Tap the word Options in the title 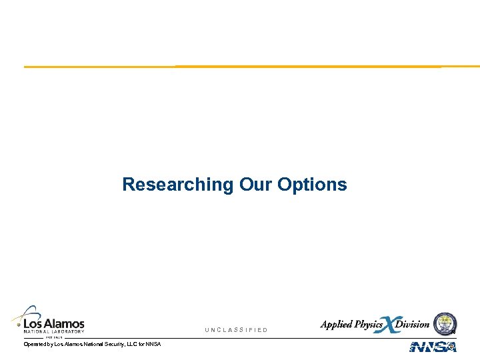pos(312,184)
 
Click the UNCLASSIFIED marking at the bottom pos(236,330)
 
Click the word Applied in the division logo pos(337,325)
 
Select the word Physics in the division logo pos(368,325)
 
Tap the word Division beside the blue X pos(413,325)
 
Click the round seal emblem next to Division pos(445,323)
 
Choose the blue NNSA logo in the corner pos(433,347)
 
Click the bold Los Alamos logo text pos(54,323)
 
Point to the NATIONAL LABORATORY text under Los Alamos pos(54,331)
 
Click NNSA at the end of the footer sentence pos(153,344)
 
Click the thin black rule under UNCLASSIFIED pos(240,338)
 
